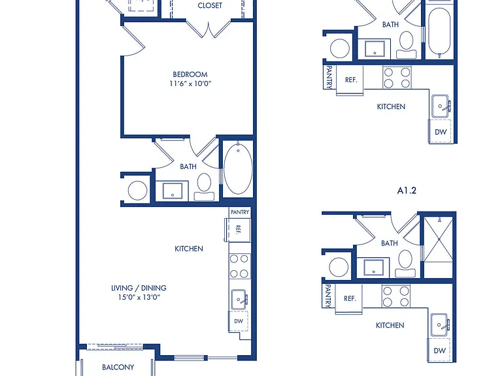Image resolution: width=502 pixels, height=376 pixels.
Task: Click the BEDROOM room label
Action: coord(190,74)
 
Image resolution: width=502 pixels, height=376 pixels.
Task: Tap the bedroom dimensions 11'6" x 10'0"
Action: coord(190,84)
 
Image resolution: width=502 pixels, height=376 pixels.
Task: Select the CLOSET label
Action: coord(210,5)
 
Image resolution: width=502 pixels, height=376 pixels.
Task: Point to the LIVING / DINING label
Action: coord(139,288)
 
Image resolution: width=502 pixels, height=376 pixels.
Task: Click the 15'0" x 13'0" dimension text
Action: coord(139,297)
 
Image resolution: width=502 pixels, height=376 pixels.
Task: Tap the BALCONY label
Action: coord(118,367)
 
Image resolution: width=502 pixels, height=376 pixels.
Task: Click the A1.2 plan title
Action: coord(407,191)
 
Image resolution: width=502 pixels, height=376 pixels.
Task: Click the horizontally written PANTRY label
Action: coord(240,212)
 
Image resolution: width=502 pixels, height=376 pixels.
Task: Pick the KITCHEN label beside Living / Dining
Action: coord(189,249)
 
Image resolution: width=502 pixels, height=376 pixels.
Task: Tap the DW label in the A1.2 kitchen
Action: coord(439,351)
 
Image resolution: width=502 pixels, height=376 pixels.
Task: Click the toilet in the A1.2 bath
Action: coord(405,264)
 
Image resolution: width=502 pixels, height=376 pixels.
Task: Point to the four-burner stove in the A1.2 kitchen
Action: coord(396,296)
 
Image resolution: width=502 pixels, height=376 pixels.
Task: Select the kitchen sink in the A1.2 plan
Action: coord(439,324)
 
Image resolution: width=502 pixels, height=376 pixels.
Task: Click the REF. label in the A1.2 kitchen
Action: coord(350,298)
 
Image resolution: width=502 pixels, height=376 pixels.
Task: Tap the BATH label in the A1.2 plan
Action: coord(390,243)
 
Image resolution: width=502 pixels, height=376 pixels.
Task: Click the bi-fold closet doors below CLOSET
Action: coord(209,29)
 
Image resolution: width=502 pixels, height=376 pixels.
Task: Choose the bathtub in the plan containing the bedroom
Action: coord(238,168)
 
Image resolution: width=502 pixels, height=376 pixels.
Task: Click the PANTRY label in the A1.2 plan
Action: coord(327,296)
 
